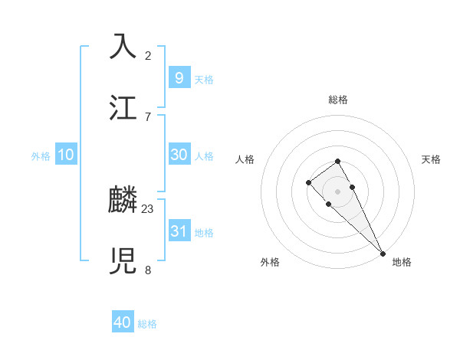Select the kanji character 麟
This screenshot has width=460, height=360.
(123, 201)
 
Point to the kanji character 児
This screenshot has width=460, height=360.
(123, 260)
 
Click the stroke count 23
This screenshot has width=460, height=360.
(148, 208)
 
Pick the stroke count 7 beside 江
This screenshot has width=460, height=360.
(148, 116)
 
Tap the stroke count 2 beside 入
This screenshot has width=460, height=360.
(148, 55)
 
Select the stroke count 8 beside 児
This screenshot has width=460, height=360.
(148, 270)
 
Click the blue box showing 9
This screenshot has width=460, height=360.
(179, 77)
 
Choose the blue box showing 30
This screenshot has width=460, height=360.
(179, 155)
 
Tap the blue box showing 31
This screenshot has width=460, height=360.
(179, 231)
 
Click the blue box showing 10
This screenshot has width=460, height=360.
(66, 155)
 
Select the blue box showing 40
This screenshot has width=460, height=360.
(123, 322)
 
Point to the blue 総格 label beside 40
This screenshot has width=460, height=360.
(147, 324)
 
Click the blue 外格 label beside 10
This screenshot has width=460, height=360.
(41, 156)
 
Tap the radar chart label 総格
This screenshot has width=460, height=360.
(337, 100)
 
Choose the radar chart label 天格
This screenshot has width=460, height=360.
(431, 159)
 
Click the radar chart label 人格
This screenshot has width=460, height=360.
(245, 159)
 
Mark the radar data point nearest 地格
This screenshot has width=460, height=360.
(383, 253)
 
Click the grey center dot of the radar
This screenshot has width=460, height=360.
(337, 191)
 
